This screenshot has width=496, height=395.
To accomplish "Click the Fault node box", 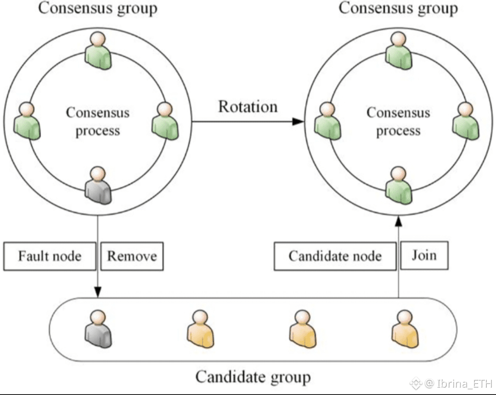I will pyautogui.click(x=50, y=256).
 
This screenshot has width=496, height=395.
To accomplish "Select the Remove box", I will pyautogui.click(x=132, y=256).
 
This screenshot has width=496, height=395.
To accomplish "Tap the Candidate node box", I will pyautogui.click(x=335, y=256).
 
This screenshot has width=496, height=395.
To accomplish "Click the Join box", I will pyautogui.click(x=424, y=254).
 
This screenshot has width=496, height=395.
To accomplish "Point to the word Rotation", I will pyautogui.click(x=248, y=107).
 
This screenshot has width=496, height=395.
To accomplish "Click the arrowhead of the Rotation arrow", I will pyautogui.click(x=299, y=121).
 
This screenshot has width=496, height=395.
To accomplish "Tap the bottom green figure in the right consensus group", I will pyautogui.click(x=398, y=185).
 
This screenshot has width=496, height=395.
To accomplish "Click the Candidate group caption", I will pyautogui.click(x=253, y=377).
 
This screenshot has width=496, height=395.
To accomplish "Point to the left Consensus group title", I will pyautogui.click(x=97, y=8).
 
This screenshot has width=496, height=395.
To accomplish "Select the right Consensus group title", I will pyautogui.click(x=398, y=8).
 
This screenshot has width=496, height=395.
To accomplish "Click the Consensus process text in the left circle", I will pyautogui.click(x=97, y=122).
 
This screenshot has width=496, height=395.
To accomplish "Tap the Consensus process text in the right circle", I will pyautogui.click(x=398, y=122).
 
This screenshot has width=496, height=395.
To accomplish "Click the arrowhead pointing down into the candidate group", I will pyautogui.click(x=97, y=292).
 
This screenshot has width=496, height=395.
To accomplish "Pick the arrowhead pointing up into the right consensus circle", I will pyautogui.click(x=399, y=221).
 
